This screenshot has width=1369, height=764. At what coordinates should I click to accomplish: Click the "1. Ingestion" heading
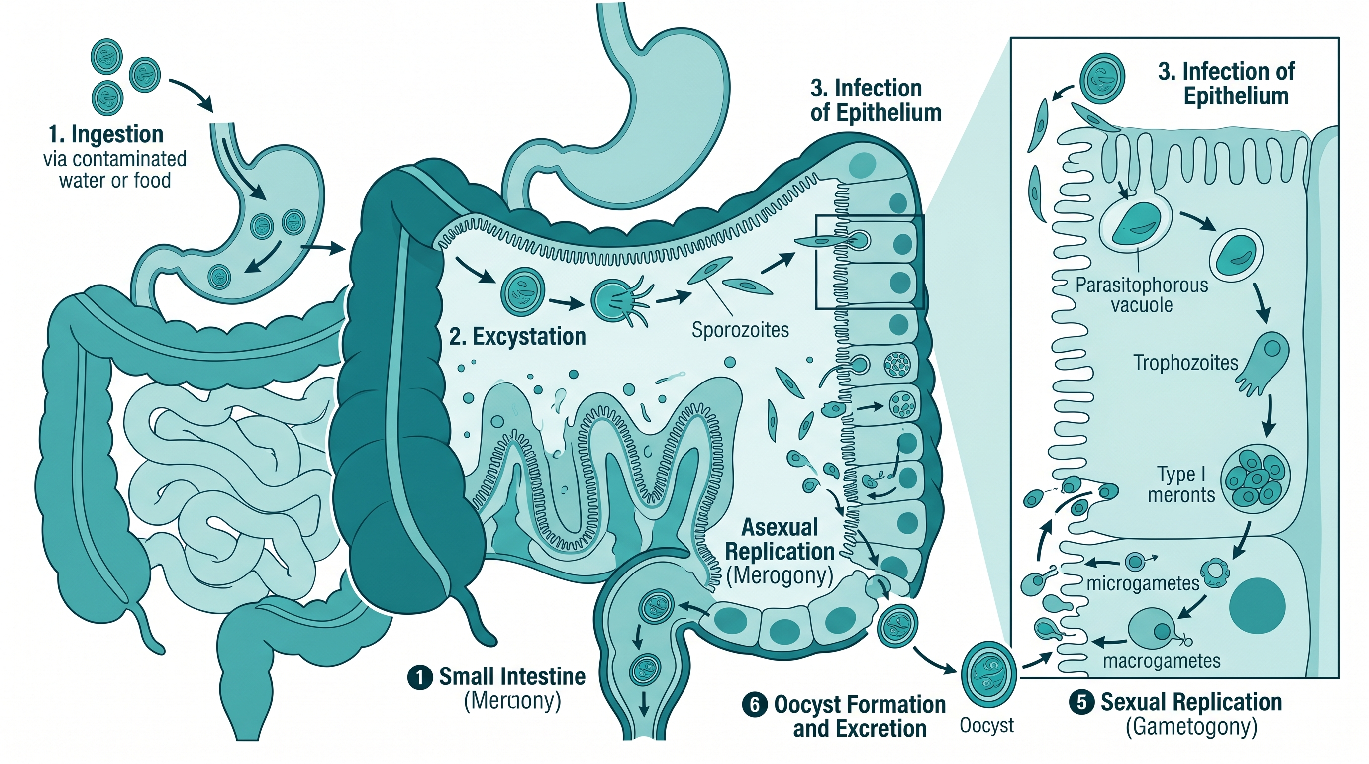pyautogui.click(x=106, y=134)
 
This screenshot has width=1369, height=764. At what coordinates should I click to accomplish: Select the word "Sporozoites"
pyautogui.click(x=740, y=330)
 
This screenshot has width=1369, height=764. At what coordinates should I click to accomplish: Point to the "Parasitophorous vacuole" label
pyautogui.click(x=1142, y=295)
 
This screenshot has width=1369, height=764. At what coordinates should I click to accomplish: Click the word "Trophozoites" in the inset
pyautogui.click(x=1185, y=363)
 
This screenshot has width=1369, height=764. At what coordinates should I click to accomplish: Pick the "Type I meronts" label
pyautogui.click(x=1181, y=484)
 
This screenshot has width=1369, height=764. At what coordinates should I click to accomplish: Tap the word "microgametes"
pyautogui.click(x=1143, y=583)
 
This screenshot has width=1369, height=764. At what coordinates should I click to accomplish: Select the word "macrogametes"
pyautogui.click(x=1161, y=661)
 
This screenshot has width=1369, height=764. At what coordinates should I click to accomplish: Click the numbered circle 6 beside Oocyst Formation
pyautogui.click(x=755, y=705)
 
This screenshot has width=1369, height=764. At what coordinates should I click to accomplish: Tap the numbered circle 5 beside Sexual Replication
pyautogui.click(x=1082, y=702)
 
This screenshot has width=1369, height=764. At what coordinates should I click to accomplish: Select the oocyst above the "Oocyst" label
pyautogui.click(x=988, y=673)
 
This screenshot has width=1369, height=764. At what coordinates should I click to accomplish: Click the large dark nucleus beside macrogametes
pyautogui.click(x=1258, y=606)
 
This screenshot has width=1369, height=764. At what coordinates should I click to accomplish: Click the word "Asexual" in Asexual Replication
pyautogui.click(x=780, y=528)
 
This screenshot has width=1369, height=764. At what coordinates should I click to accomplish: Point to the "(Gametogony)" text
pyautogui.click(x=1191, y=726)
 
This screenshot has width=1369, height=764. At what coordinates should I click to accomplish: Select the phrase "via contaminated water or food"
pyautogui.click(x=115, y=170)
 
